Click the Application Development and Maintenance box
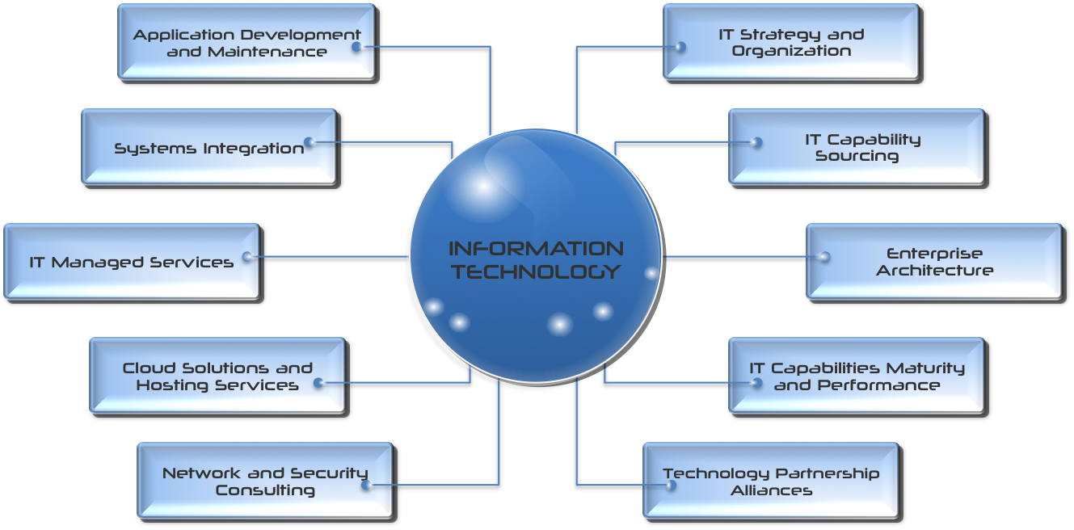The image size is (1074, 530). point(248,43)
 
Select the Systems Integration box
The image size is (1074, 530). point(210,148)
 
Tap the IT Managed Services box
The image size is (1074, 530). point(133,263)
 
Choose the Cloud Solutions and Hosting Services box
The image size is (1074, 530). point(219,376)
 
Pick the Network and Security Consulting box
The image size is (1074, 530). point(266,482)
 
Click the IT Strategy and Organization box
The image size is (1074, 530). point(793,43)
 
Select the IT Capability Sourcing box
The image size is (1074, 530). point(857,148)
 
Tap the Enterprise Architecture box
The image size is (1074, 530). point(936,263)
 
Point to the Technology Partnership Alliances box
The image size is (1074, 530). point(772,482)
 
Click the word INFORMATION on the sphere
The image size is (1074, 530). point(536,249)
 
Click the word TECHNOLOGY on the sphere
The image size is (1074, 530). point(537,272)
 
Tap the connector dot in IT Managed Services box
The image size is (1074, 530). point(247,257)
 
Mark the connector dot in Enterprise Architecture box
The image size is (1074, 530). point(824,257)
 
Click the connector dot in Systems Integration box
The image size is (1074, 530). point(310,142)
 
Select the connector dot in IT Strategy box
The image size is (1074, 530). point(680,47)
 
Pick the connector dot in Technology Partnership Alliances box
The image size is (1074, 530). point(672,485)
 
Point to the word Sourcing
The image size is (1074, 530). point(857,156)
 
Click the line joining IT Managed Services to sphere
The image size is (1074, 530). point(328,257)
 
